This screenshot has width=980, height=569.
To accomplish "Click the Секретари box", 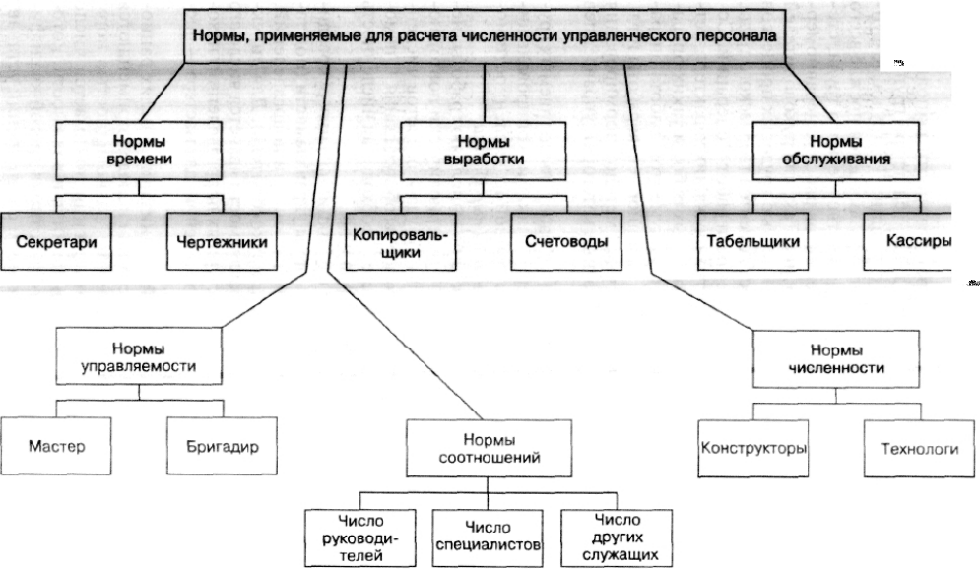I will pyautogui.click(x=56, y=239).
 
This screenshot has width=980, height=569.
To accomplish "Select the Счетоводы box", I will pyautogui.click(x=566, y=241).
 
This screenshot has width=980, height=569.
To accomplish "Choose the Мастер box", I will pyautogui.click(x=56, y=446).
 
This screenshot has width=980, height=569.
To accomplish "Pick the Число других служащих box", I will pyautogui.click(x=616, y=537).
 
